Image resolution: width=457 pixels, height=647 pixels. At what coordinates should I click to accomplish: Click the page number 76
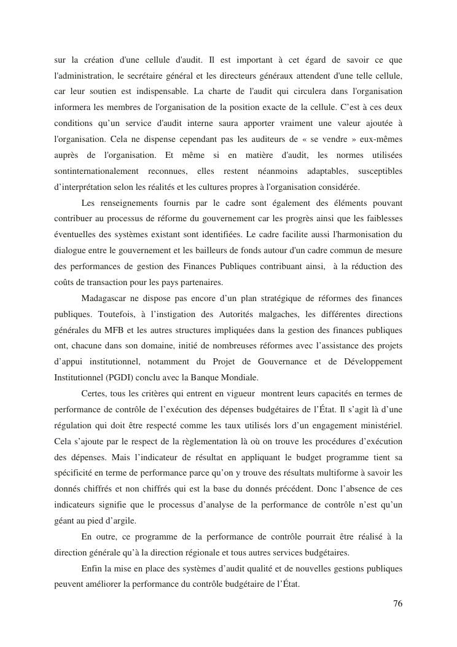click(397, 603)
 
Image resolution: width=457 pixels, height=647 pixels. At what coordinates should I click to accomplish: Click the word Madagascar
click(105, 299)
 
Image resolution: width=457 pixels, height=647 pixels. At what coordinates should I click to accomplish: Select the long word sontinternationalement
click(91, 170)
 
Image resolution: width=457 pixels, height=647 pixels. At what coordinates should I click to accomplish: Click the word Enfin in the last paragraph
click(92, 568)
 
